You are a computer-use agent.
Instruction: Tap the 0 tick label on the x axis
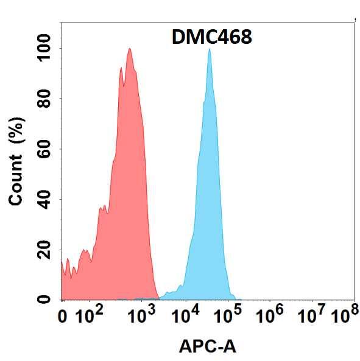point(62,317)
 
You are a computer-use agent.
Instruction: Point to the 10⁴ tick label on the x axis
point(185,315)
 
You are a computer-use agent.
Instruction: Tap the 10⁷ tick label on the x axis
point(313,315)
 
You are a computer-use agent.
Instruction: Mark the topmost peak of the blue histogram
point(210,49)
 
